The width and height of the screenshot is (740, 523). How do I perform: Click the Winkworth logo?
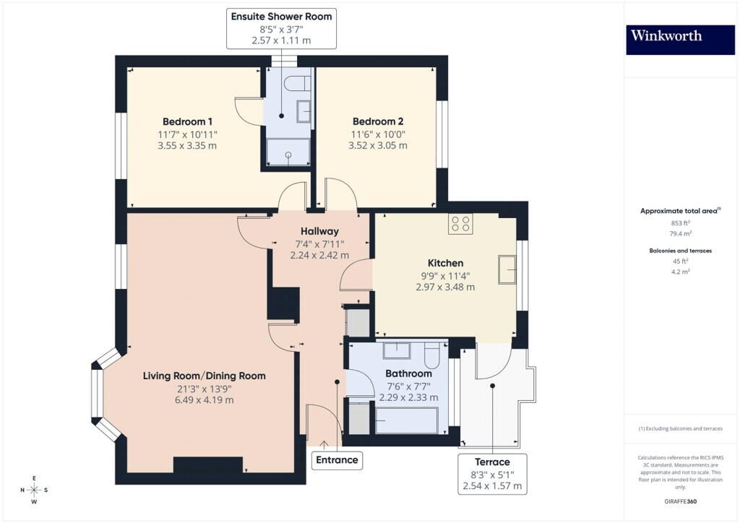[x=680, y=40]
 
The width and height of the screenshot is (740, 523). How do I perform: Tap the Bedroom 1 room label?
[x=187, y=121]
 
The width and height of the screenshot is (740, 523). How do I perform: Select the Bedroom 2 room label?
[x=377, y=121]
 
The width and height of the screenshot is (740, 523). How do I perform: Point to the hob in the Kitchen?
[x=460, y=224]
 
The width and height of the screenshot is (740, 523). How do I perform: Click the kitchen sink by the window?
[x=507, y=269]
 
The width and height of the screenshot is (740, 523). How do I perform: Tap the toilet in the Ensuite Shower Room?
[x=298, y=83]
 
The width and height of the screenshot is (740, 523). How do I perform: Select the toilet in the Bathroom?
[x=432, y=355]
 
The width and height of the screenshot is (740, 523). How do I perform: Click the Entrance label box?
[x=337, y=460]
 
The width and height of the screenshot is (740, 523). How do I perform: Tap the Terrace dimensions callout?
[x=492, y=474]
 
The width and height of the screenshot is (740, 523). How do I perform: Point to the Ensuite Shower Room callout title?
[x=281, y=17]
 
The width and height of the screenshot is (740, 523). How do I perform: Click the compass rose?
[x=34, y=490]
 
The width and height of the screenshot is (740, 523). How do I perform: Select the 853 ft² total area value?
[x=680, y=223]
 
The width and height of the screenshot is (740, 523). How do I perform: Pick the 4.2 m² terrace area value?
[x=680, y=272]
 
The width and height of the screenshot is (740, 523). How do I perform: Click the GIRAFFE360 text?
[x=680, y=501]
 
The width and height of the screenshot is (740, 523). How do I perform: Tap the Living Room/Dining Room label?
[x=205, y=376]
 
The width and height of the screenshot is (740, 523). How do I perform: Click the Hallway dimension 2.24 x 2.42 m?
[x=319, y=255]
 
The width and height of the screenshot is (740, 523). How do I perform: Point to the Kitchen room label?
[x=445, y=263]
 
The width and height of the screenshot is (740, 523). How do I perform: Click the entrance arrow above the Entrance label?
[x=324, y=445]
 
